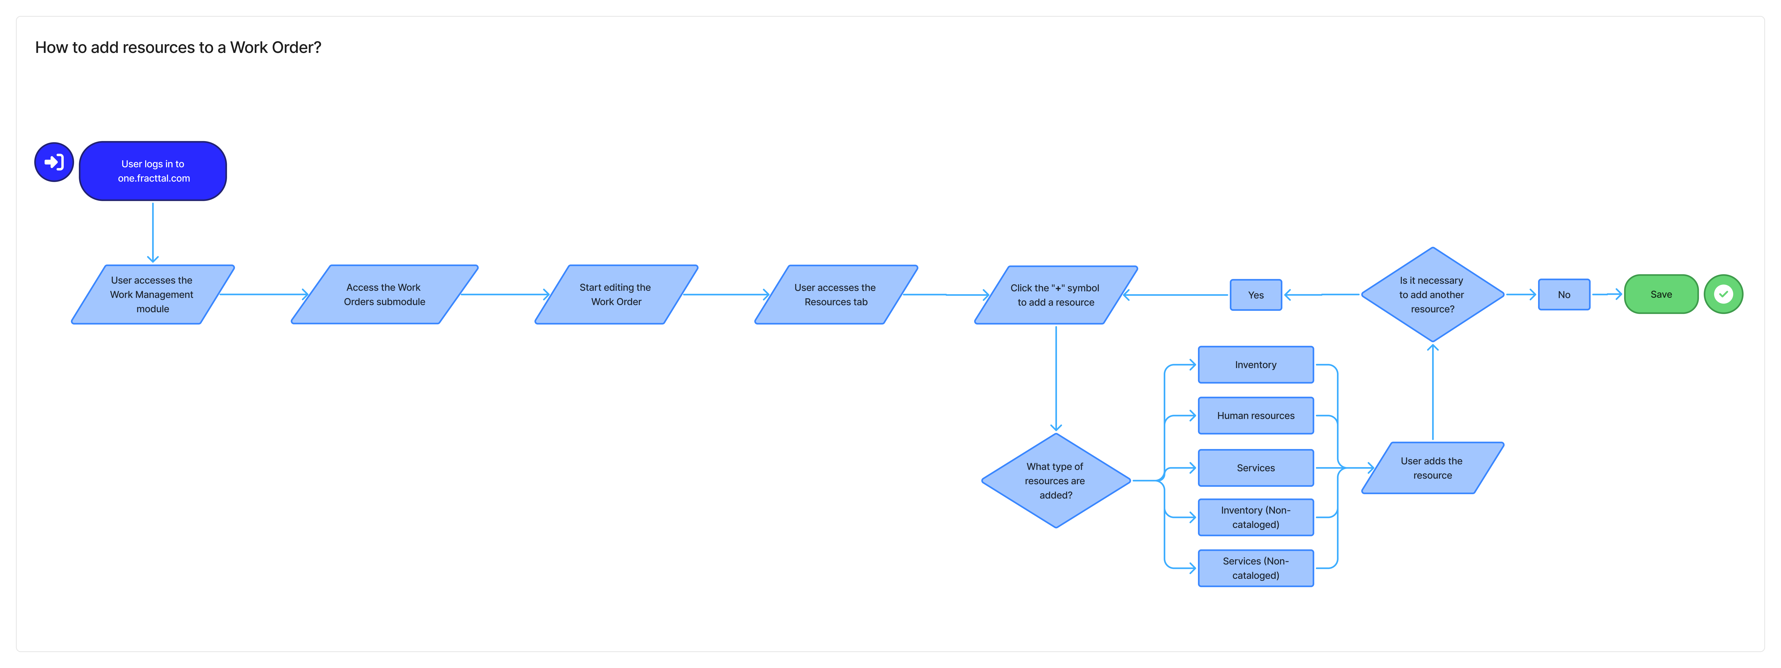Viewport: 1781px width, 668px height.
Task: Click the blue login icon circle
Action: [54, 162]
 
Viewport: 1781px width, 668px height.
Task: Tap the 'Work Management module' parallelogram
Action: [153, 294]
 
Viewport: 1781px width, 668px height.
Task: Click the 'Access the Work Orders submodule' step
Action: [384, 294]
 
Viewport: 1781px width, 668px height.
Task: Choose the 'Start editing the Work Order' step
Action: [616, 294]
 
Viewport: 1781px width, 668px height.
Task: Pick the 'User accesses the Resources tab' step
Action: [836, 294]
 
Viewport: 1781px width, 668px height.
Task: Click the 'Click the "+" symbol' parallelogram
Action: [1056, 295]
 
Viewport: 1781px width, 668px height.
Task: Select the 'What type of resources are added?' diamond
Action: [1056, 481]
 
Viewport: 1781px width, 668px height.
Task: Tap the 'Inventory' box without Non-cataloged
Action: [1256, 365]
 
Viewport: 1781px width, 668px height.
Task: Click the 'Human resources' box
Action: [1256, 416]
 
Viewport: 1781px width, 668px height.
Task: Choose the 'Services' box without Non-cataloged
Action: [1256, 468]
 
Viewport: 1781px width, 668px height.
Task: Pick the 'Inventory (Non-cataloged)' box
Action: [1256, 517]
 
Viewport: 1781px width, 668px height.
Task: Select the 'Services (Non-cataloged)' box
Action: [1256, 568]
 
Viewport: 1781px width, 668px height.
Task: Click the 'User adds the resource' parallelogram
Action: [1433, 468]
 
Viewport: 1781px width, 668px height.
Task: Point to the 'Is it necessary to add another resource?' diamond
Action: [1433, 294]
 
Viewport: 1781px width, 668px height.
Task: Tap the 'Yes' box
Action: [1256, 295]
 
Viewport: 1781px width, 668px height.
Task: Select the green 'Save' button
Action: [1661, 294]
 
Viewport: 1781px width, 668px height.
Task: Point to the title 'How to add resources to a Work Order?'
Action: [178, 48]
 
